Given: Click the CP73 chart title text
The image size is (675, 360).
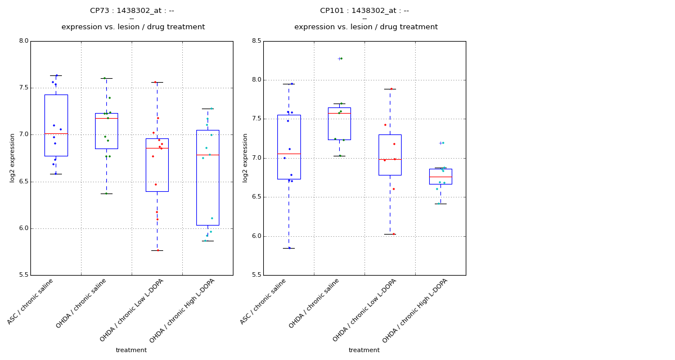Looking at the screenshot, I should coord(132,11).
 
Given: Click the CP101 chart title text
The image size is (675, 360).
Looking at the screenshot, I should coord(364,11).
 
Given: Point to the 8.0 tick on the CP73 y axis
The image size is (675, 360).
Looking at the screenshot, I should coord(23,41).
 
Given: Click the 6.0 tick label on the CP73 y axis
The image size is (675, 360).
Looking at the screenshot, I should coord(23,228).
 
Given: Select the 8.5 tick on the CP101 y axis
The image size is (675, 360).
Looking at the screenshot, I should coord(256,41).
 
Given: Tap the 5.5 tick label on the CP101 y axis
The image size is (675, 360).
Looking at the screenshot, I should coord(256,275).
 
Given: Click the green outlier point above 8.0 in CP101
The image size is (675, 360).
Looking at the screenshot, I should coord(341,58).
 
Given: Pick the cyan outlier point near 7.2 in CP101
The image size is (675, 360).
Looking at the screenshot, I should coord(443,143).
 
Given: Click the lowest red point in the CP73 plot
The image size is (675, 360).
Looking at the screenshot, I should coord(158,250).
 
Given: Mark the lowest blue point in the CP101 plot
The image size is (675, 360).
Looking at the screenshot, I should coord(290,248).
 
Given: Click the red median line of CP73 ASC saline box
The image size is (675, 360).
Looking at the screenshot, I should coord(56,134).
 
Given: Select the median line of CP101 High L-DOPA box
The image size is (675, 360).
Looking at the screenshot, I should coord(440,177).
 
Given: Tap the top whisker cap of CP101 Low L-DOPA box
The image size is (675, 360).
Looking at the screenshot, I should coord(390,89).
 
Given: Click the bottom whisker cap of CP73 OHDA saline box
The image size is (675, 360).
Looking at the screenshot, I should coord(106,193).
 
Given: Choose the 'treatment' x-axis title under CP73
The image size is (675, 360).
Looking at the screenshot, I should coord(131,350).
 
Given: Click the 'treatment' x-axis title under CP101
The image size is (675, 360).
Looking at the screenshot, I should coord(364,350).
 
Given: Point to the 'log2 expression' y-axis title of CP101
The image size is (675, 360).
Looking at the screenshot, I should coord(245,158).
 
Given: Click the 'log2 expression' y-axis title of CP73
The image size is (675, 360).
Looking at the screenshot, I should coord(12,158).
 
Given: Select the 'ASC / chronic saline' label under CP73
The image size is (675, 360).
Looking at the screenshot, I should coord(31,301).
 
